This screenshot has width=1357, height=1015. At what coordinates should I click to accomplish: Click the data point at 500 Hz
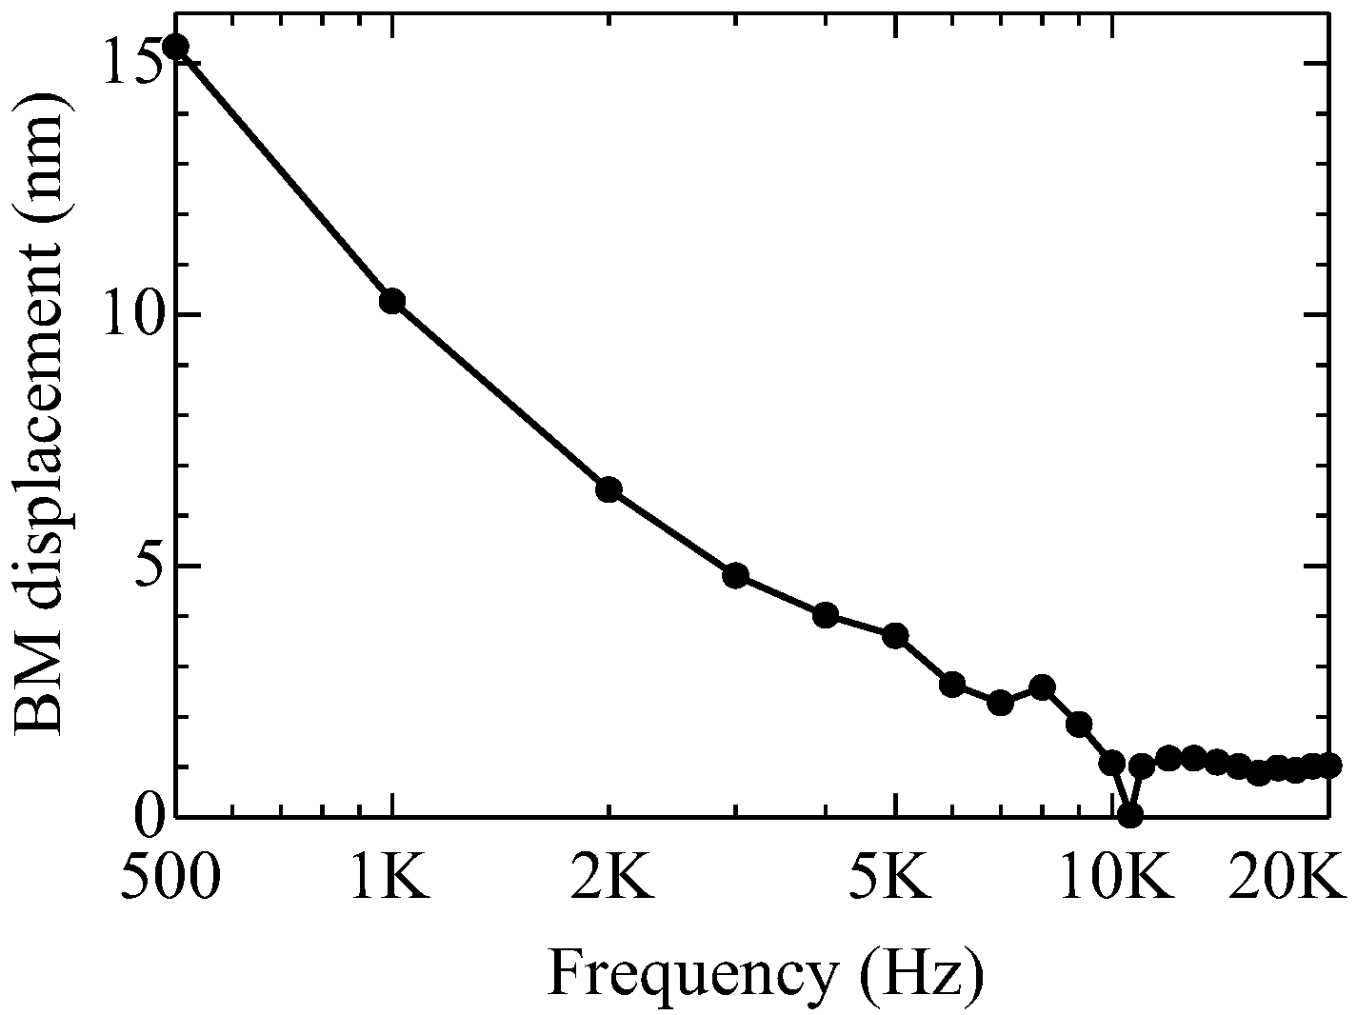coord(175,47)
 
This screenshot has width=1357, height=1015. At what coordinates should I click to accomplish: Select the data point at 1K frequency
coord(392,301)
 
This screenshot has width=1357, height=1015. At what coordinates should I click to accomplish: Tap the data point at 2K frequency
coord(609,489)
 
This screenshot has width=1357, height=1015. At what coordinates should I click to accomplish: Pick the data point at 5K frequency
coord(895,636)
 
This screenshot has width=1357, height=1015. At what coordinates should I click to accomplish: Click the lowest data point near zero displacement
coord(1130,815)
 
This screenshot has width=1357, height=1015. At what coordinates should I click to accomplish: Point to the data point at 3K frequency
coord(735,575)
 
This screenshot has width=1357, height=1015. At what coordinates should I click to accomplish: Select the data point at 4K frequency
coord(826,614)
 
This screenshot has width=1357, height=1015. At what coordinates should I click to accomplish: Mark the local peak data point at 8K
coord(1043,687)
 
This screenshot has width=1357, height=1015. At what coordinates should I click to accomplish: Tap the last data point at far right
coord(1330,764)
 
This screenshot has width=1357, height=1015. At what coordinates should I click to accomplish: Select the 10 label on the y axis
coord(130,315)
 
